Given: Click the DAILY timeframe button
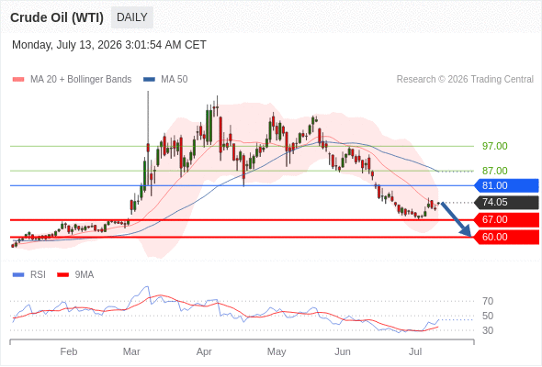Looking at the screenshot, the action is tap(132, 17).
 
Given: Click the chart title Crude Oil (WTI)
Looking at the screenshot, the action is tap(57, 17).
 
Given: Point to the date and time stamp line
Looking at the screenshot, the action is tap(109, 45).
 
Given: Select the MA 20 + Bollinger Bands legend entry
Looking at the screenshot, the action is tap(72, 80).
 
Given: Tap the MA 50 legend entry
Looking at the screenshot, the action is tap(165, 80).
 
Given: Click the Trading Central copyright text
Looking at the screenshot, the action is tap(465, 80).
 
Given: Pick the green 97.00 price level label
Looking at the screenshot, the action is tap(495, 146).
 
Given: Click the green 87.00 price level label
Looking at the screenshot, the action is tap(495, 171).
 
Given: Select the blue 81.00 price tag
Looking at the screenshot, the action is tap(506, 185).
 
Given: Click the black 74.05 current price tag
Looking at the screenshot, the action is tap(506, 202).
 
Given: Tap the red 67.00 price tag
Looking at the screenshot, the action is tap(506, 219).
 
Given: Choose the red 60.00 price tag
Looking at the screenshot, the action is tap(506, 237).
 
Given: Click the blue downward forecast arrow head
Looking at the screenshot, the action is tap(467, 231).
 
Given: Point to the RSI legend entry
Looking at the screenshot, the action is tap(29, 275).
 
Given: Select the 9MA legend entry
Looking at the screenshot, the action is tap(75, 275).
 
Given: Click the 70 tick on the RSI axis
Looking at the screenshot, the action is tap(488, 302).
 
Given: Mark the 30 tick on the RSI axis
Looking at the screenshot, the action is tap(488, 330).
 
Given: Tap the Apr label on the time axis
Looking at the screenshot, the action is tap(204, 351).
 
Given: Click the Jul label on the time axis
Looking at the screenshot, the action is tap(415, 351).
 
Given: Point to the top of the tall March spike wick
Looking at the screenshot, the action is tap(148, 91).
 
